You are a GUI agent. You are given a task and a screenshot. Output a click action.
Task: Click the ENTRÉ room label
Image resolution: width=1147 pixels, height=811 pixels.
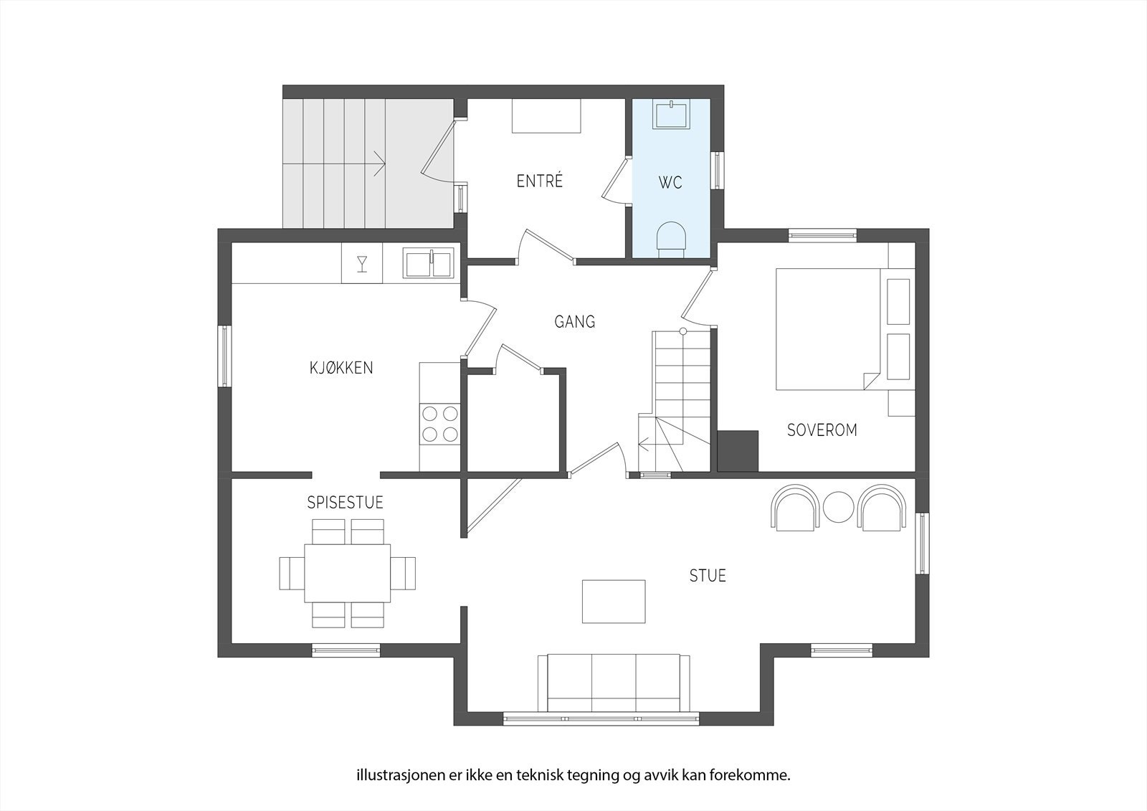540,181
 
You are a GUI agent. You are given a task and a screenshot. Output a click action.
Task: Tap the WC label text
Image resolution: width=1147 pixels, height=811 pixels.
670,182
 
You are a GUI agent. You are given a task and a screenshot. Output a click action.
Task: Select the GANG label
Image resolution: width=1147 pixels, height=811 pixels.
574,322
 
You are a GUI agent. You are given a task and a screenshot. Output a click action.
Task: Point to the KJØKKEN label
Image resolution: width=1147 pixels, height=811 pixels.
341,368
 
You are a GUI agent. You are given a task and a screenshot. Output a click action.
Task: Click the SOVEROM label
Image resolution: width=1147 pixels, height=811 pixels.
822,430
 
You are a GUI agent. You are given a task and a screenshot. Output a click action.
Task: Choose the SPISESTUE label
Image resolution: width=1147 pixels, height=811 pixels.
345,503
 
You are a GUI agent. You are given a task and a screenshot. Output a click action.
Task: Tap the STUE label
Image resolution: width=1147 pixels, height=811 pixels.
708,576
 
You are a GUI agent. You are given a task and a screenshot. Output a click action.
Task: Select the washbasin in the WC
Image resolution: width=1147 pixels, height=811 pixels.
671,114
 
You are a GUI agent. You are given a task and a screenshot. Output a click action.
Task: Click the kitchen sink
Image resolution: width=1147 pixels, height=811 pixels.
429,263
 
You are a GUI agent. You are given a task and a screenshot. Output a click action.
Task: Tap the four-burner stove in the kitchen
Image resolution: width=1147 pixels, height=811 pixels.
440,424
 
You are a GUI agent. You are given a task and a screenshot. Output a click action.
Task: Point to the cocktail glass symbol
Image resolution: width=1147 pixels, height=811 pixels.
362,263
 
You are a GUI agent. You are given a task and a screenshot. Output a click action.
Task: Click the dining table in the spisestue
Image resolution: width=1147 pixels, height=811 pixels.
347,573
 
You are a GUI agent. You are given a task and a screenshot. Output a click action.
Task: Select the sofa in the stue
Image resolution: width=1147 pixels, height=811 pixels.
614,683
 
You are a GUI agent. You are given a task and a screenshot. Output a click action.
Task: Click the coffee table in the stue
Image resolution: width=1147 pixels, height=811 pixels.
614,602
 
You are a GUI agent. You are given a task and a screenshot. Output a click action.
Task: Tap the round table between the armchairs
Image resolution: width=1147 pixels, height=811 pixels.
838,507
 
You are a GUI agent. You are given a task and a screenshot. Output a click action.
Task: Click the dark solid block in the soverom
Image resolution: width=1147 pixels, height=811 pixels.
738,451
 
